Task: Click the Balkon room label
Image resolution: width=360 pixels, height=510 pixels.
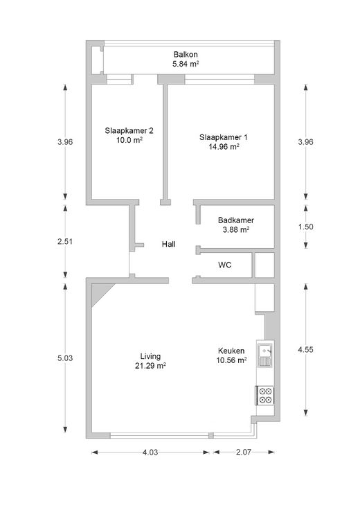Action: [186, 54]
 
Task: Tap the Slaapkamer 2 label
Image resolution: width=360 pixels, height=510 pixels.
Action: [129, 131]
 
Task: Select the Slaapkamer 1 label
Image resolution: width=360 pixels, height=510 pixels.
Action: [224, 137]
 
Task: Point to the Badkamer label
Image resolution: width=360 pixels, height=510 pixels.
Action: [236, 220]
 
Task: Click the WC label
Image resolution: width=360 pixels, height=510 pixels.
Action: [225, 265]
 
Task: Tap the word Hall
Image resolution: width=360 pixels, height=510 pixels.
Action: [169, 244]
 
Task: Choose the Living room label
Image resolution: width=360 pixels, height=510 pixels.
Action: [150, 356]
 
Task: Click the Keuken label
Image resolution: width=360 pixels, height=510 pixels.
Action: [231, 351]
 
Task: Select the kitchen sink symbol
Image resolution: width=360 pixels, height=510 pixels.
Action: [265, 355]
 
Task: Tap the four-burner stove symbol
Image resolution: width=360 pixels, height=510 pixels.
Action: [264, 396]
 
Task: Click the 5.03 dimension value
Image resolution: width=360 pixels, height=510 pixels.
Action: [65, 358]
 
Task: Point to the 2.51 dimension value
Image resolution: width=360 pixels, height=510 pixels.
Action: [65, 241]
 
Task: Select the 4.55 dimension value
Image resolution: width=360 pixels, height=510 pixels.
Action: [306, 350]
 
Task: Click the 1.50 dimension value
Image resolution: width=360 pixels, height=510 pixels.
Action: [306, 227]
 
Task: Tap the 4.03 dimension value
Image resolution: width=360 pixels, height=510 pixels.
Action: [150, 452]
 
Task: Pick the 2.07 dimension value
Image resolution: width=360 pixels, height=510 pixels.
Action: [244, 452]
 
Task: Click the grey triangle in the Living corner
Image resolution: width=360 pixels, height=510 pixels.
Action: [99, 291]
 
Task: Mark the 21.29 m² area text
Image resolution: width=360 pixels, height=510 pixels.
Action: [150, 366]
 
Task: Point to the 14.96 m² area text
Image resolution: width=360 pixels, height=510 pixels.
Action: [224, 147]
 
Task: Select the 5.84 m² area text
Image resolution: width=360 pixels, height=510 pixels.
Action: [186, 64]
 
